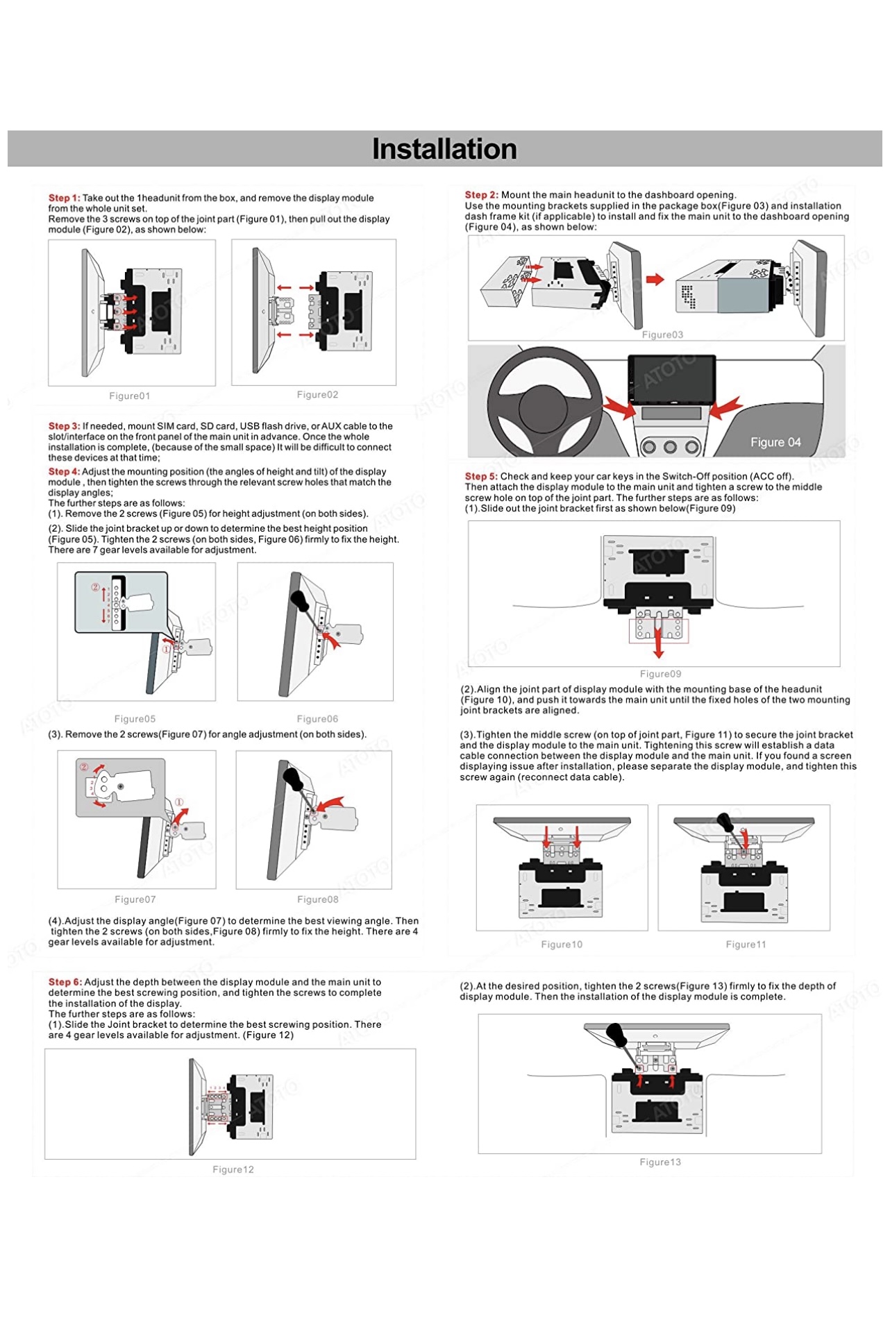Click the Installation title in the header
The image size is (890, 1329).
pos(444,149)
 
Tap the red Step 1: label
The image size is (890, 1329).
pos(64,198)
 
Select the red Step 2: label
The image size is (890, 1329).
pos(481,195)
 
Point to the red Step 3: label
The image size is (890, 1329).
pos(64,426)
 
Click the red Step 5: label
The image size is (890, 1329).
pos(481,477)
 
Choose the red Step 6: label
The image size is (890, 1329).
pos(65,982)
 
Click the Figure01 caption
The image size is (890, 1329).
pos(130,396)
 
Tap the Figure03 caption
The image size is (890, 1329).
pos(662,335)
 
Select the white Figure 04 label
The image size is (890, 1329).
pos(775,443)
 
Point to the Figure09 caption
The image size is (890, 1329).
pos(660,674)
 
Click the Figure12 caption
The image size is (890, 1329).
pos(233,1169)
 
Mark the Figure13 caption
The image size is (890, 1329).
pos(660,1162)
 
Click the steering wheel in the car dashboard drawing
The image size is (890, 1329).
pos(546,401)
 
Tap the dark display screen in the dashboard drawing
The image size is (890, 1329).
pos(671,379)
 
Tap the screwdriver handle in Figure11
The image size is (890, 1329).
pos(725,822)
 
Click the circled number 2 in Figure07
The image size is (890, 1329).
pos(84,768)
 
